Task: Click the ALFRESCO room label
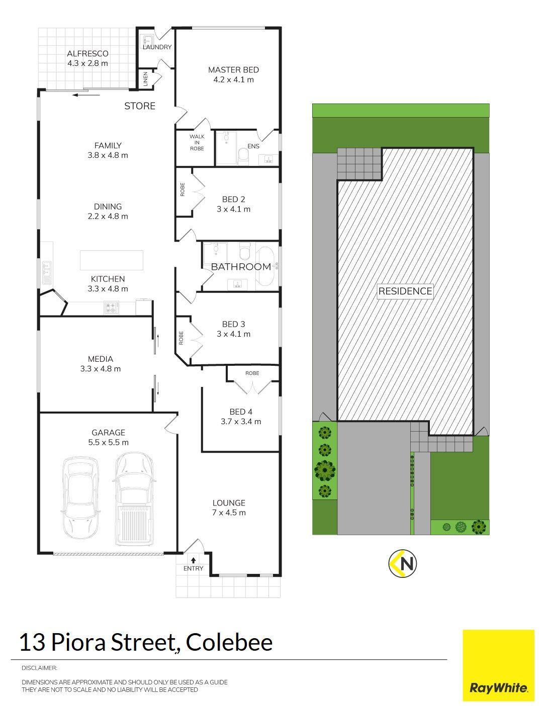pos(87,54)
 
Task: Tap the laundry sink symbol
pos(148,40)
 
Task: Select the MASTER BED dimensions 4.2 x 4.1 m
pos(233,79)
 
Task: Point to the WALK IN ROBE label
pos(197,143)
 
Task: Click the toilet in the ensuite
pos(243,155)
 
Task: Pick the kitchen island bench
pos(112,260)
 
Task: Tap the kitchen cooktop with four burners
pos(112,308)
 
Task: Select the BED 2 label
pos(233,199)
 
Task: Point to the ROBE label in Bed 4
pos(252,373)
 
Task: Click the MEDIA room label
pos(101,359)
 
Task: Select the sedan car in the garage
pos(80,498)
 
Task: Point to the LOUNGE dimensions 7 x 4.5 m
pos(229,513)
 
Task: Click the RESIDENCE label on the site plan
pos(405,291)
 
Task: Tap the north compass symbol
pos(402,563)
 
